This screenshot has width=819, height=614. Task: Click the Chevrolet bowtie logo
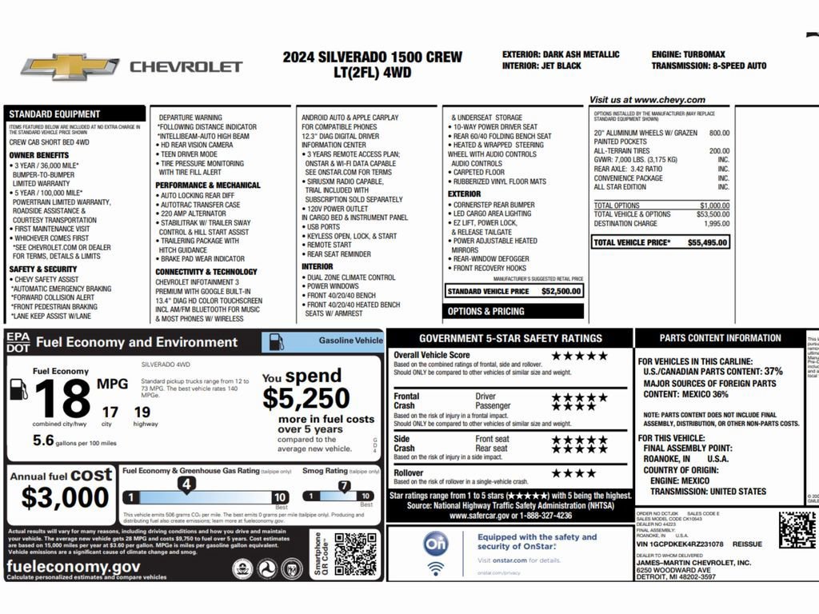point(70,67)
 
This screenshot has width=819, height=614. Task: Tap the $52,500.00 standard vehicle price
point(561,292)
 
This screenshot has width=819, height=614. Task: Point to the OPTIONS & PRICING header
point(486,311)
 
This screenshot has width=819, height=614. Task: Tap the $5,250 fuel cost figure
point(306,398)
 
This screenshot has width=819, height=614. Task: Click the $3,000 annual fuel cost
point(65,497)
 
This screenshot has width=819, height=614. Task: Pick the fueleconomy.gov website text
point(74,567)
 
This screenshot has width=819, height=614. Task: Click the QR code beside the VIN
point(797,529)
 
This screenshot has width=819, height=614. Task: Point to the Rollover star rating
point(573,473)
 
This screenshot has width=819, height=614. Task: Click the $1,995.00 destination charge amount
point(715,224)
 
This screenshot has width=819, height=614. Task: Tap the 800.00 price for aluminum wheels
point(719,133)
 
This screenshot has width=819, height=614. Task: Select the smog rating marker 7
point(344,485)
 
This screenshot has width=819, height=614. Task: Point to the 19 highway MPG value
point(142,413)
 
